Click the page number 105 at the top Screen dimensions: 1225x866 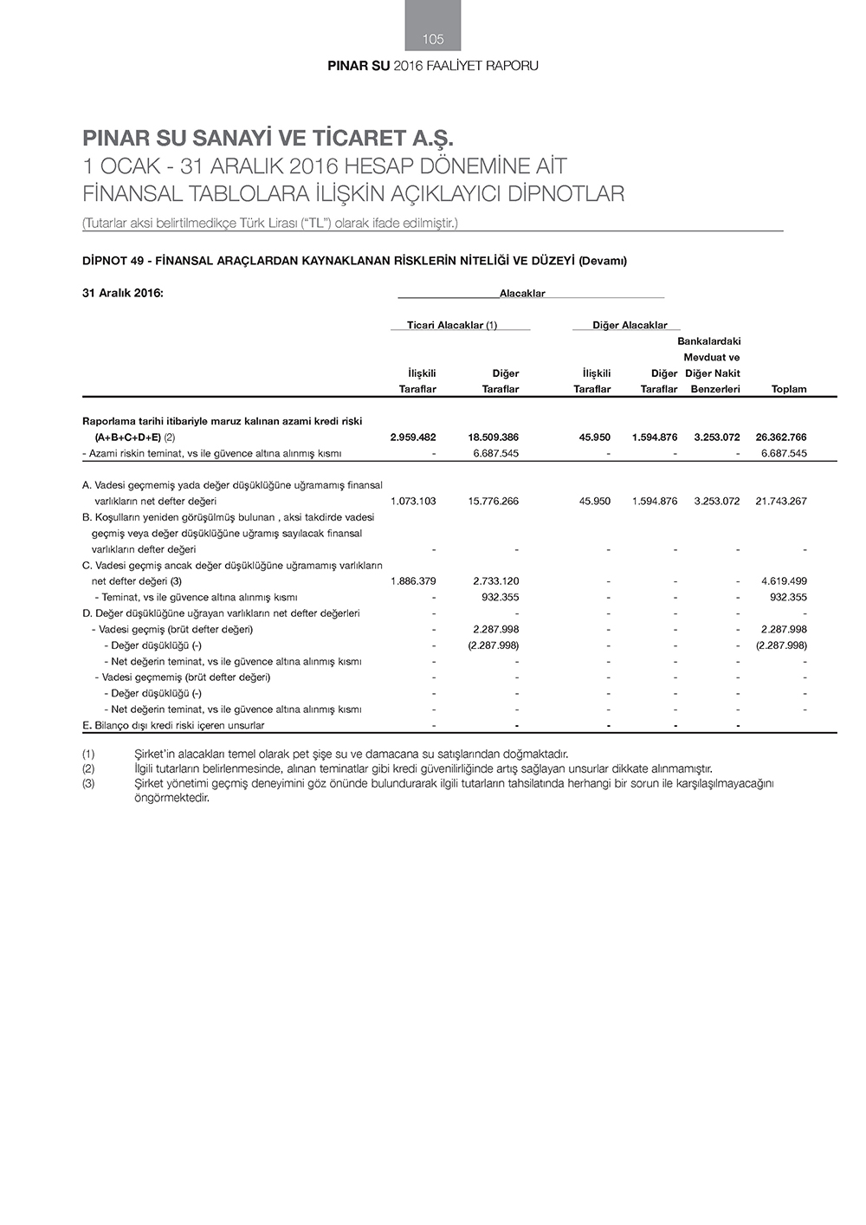pyautogui.click(x=433, y=39)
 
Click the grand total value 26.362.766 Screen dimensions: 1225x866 pyautogui.click(x=781, y=437)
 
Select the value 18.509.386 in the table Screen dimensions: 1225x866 pyautogui.click(x=493, y=437)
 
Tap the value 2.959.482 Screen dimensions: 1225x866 pyautogui.click(x=413, y=437)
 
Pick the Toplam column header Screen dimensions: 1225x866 pyautogui.click(x=788, y=389)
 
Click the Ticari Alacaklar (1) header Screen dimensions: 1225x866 pyautogui.click(x=452, y=325)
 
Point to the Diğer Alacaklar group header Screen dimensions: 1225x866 pyautogui.click(x=630, y=325)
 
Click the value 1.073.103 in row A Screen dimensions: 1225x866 pyautogui.click(x=413, y=502)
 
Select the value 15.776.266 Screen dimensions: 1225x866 pyautogui.click(x=493, y=502)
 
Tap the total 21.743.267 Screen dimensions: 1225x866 pyautogui.click(x=781, y=502)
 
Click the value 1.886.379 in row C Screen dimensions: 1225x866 pyautogui.click(x=413, y=581)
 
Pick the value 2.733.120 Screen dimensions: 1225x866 pyautogui.click(x=496, y=581)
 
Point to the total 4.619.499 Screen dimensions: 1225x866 pyautogui.click(x=784, y=581)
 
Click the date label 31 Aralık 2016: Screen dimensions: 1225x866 pyautogui.click(x=123, y=293)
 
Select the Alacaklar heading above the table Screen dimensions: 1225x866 pyautogui.click(x=522, y=294)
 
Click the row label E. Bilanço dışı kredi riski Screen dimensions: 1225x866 pyautogui.click(x=173, y=725)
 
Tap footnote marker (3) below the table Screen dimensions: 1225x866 pyautogui.click(x=88, y=783)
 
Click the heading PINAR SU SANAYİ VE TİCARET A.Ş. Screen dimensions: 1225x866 pyautogui.click(x=268, y=139)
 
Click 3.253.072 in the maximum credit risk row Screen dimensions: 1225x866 pyautogui.click(x=717, y=437)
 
